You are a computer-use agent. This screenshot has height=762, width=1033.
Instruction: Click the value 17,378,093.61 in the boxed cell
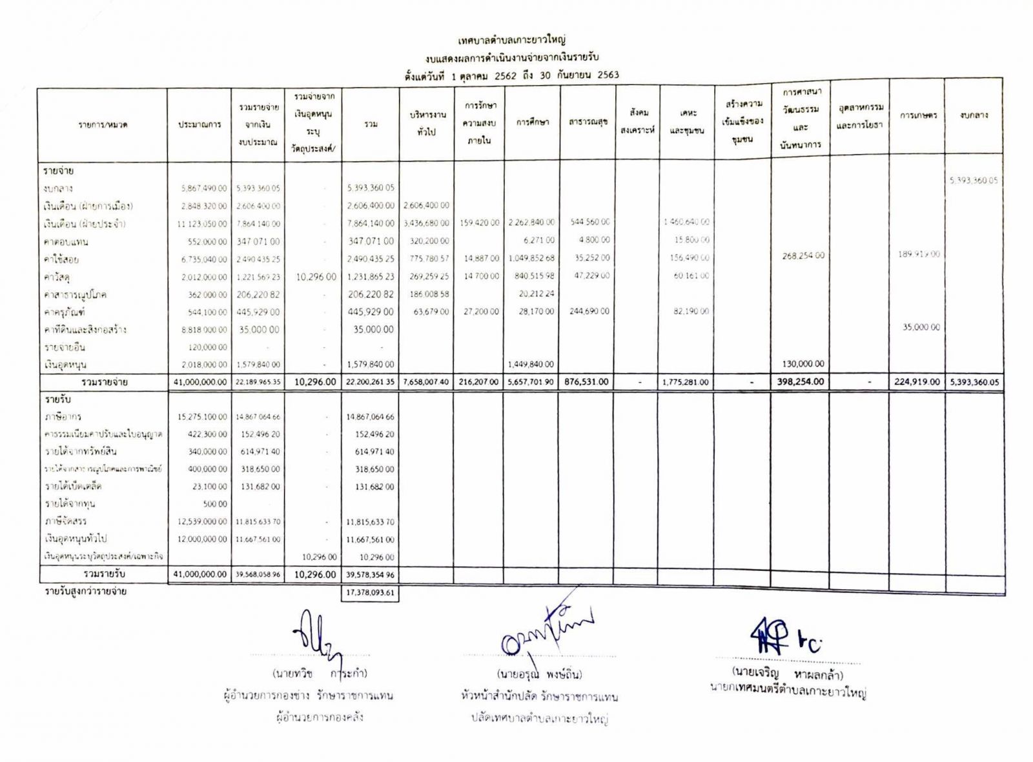pos(370,592)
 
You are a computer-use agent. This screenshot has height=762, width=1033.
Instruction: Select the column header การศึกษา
pos(533,122)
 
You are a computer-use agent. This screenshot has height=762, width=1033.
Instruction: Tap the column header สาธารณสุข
pos(588,121)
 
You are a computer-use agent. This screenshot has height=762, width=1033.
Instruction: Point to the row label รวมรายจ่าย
pos(105,382)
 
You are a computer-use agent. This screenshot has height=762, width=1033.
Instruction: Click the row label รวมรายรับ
pos(104,574)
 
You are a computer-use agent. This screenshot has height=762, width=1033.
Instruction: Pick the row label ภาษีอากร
pos(63,417)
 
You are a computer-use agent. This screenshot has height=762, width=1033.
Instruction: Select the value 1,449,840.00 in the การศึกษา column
pos(531,365)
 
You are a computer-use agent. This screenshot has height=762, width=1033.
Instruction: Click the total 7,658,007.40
pos(426,382)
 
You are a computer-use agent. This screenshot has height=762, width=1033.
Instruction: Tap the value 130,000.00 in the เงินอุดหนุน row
pos(802,364)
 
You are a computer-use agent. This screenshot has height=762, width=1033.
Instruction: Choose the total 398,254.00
pos(801,381)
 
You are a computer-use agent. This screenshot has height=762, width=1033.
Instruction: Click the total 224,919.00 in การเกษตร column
pos(917,382)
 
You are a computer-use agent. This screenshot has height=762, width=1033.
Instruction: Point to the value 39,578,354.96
pos(370,574)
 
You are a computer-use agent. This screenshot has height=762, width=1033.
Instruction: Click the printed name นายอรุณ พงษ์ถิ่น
pos(539,674)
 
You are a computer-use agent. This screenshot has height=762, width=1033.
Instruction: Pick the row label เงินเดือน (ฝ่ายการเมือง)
pos(88,206)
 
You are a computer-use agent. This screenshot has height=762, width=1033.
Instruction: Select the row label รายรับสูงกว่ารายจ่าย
pos(85,592)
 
